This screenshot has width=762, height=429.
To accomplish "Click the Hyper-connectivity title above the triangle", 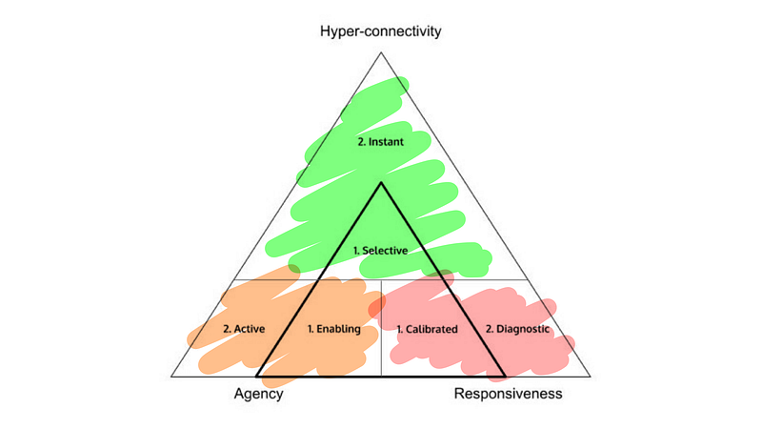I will pos(380,31).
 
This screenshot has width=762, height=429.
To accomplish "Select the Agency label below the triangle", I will pos(258,394).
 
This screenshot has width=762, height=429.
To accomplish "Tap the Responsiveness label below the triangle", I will pos(508,394).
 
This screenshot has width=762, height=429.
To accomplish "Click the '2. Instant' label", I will pos(381,142).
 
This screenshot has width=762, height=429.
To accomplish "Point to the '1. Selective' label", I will pos(380,251).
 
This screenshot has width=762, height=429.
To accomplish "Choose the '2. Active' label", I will pos(244,329).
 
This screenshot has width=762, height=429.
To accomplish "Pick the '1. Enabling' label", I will pos(333,329).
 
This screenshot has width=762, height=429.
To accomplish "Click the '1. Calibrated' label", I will pos(428,329).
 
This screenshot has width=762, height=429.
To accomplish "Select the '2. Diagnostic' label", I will pos(518,329).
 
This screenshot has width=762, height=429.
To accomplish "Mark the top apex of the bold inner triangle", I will pos(381,182).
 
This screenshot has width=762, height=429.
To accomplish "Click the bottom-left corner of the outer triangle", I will pos(171,377).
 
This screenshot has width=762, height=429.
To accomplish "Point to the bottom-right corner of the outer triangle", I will pos(591,377).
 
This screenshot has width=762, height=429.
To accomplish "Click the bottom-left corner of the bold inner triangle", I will pos(257,376).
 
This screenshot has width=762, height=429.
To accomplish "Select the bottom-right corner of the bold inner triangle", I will pos(505,376).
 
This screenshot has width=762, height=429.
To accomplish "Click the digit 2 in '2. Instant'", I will pos(360,142).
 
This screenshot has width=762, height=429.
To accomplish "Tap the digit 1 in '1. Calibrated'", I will pos(399,329).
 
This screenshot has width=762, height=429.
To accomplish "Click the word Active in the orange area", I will pos(250,329).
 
